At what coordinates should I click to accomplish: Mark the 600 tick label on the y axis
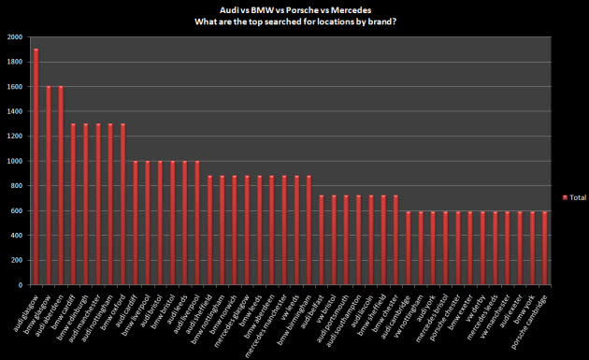(18, 210)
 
